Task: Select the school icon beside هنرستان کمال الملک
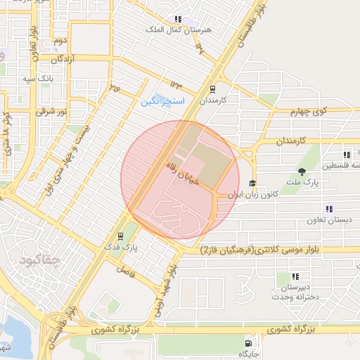179,20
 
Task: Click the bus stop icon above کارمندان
212,89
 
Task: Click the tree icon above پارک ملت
302,171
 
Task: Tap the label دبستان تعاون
328,221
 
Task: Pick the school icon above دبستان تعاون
329,209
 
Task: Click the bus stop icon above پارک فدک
121,236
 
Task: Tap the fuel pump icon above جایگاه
247,343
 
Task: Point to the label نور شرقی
53,112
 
